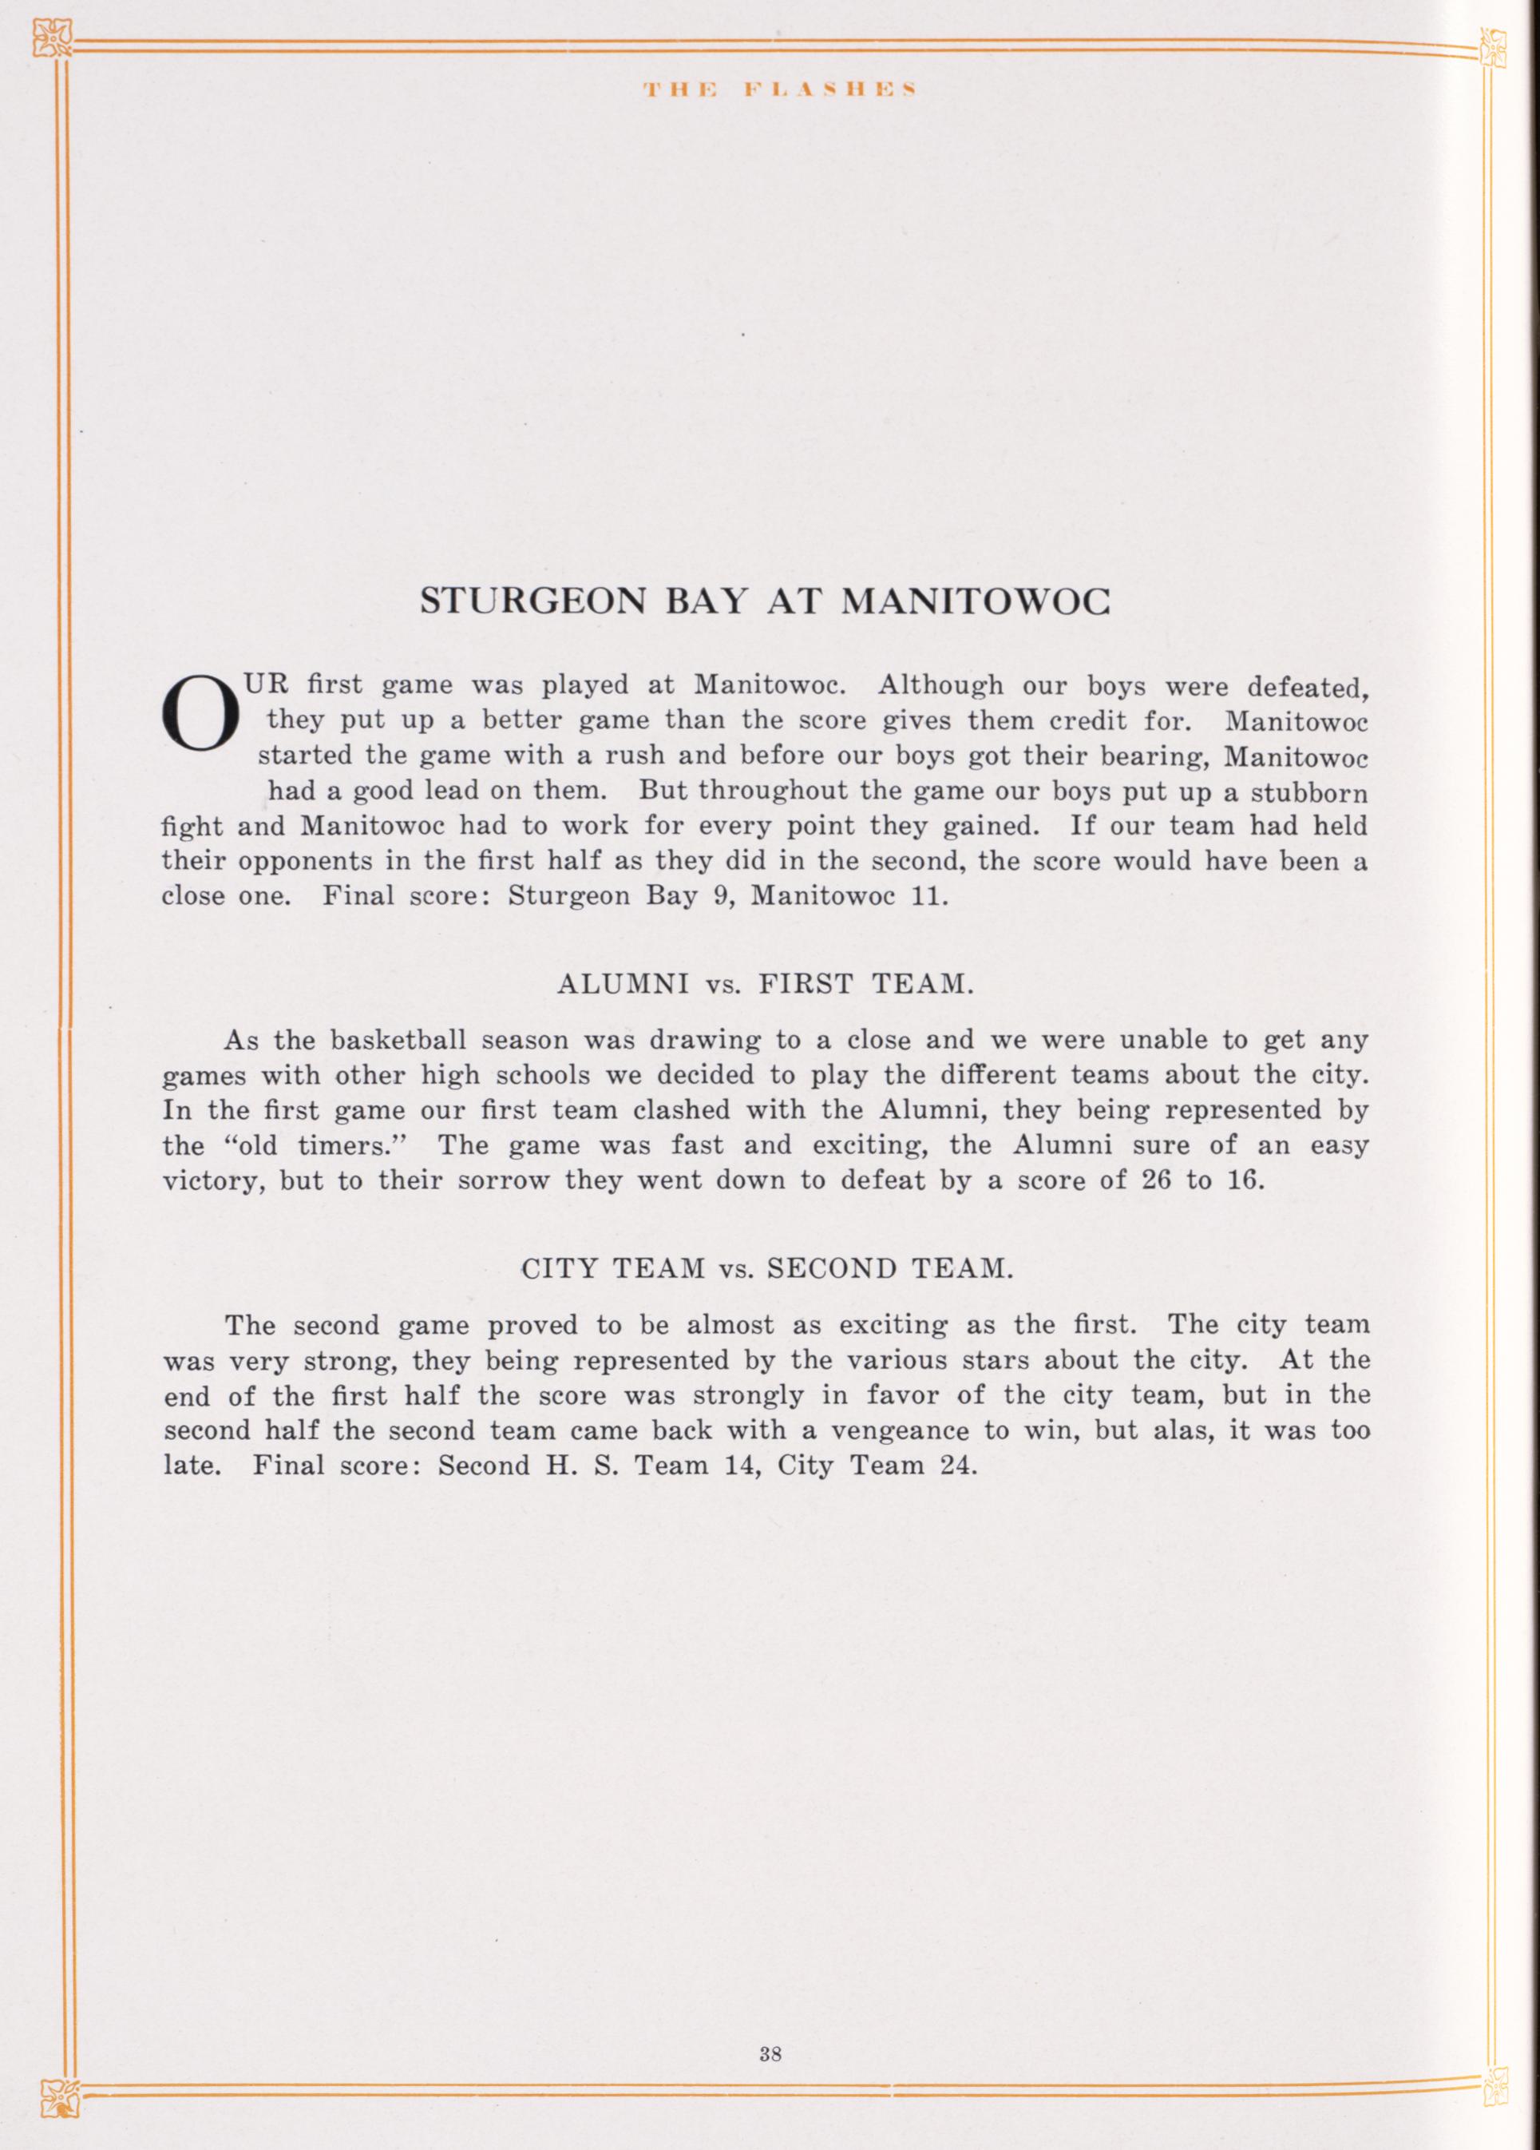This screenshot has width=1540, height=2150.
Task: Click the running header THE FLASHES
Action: tap(776, 90)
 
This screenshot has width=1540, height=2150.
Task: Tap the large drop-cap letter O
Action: tap(199, 719)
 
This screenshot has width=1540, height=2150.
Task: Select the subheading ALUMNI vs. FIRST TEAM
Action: tap(765, 985)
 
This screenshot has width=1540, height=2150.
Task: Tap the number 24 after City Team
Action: tap(956, 1466)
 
